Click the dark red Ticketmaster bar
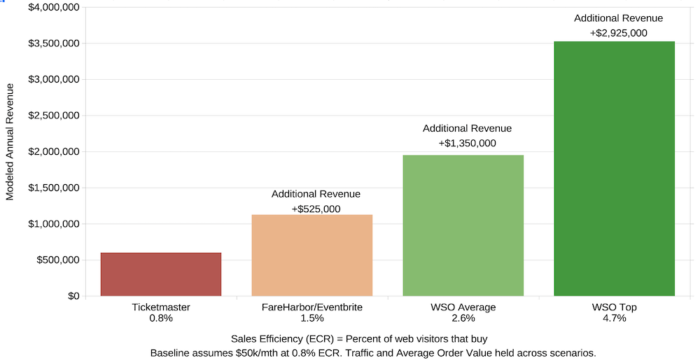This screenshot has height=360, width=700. click(161, 275)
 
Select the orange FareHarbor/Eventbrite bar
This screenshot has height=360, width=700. click(311, 256)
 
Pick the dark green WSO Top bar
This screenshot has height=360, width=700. click(614, 168)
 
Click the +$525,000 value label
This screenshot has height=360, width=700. click(316, 209)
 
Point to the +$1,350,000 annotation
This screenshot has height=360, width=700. click(467, 143)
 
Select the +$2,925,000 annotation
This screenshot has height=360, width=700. click(618, 33)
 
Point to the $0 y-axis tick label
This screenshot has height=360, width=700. click(73, 296)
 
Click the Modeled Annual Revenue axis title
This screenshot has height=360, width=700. click(10, 141)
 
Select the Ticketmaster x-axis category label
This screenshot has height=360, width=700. click(161, 307)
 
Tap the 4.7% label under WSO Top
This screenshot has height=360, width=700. click(614, 318)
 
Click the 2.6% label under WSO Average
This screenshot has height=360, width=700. click(463, 318)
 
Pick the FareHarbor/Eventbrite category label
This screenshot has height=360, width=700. click(311, 307)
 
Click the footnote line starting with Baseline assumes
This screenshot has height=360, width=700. click(373, 352)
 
